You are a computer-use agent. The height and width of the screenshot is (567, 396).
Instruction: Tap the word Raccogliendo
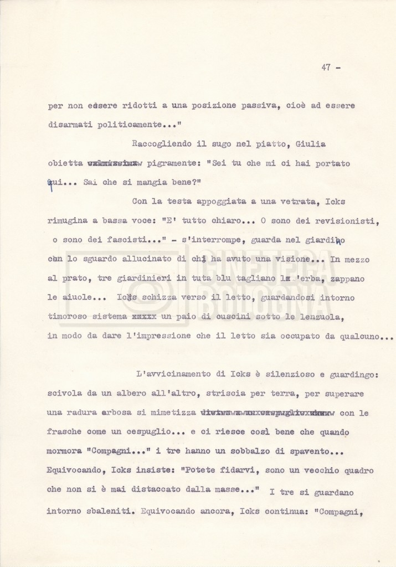coord(161,144)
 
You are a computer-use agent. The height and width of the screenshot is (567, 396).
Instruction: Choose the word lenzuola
coord(322,317)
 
